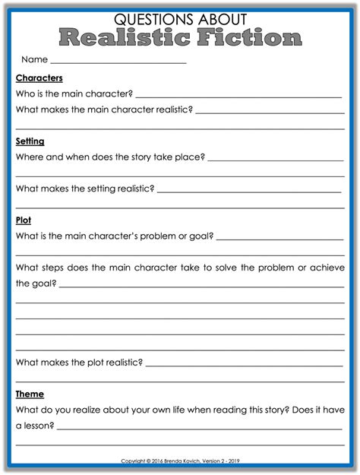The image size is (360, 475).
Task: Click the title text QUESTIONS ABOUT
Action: (180, 18)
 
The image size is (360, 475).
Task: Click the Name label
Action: (34, 59)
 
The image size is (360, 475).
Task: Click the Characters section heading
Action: (39, 78)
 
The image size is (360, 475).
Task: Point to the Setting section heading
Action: (30, 141)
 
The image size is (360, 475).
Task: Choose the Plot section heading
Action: (23, 220)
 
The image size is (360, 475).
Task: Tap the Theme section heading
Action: (30, 394)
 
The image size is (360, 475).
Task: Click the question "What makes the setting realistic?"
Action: (85, 188)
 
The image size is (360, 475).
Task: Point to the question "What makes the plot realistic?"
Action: (79, 363)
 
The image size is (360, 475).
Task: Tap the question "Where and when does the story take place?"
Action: (109, 157)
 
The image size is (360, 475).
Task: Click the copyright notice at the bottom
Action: (180, 461)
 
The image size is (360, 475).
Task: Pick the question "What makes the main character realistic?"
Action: (104, 110)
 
